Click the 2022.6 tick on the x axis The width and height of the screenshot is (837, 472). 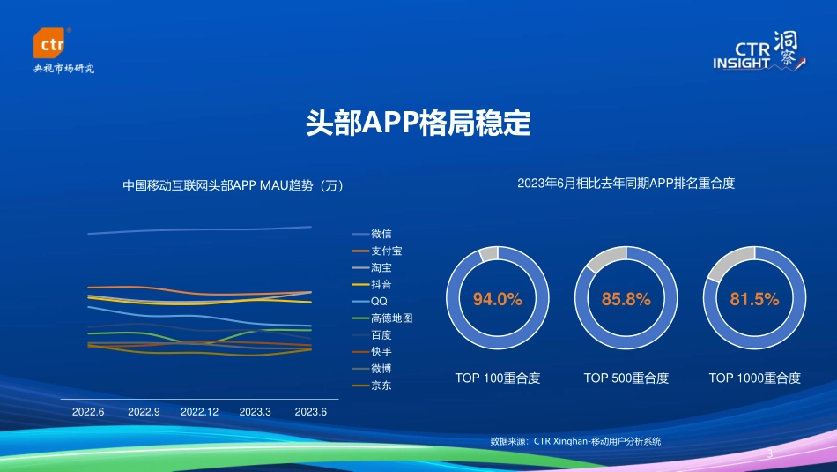click(x=88, y=412)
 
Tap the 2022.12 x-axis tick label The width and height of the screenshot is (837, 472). click(x=199, y=412)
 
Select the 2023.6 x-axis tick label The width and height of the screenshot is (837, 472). click(x=310, y=412)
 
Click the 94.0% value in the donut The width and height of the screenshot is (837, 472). click(x=498, y=299)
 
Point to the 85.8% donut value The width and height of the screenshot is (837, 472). click(x=626, y=299)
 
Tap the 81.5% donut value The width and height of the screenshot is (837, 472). click(x=755, y=299)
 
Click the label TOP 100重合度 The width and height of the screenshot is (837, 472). click(x=498, y=378)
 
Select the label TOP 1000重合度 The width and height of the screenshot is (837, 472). click(x=755, y=378)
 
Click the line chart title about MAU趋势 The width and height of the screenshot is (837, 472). click(x=233, y=186)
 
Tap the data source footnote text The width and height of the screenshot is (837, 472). click(x=575, y=441)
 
